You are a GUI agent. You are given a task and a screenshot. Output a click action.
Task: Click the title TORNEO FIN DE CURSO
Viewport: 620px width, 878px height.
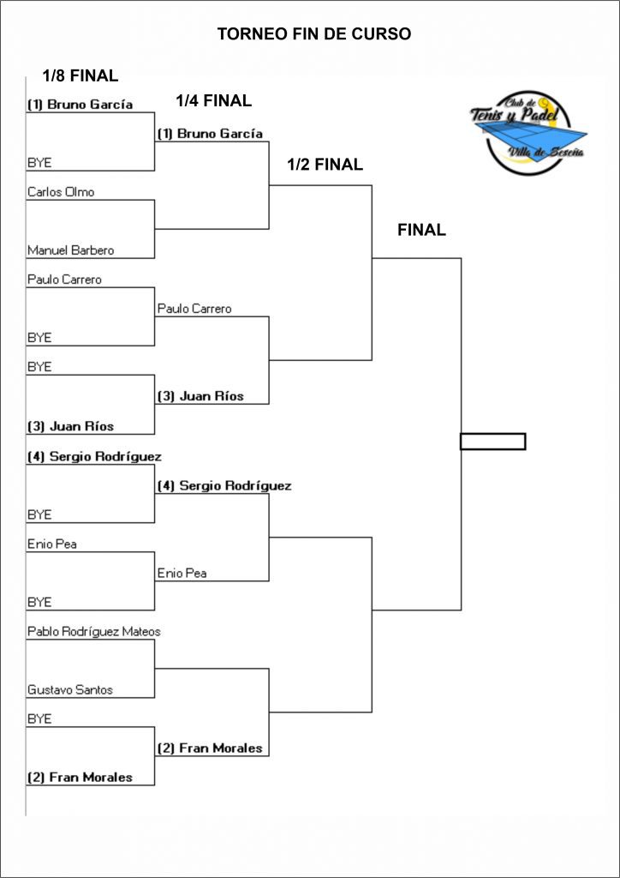[x=313, y=34]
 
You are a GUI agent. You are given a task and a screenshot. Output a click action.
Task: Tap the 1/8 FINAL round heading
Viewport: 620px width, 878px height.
[x=80, y=75]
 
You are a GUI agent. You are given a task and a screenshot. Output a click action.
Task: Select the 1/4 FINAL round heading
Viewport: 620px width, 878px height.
[x=213, y=101]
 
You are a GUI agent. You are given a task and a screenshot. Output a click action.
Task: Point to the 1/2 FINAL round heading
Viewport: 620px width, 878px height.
[x=325, y=165]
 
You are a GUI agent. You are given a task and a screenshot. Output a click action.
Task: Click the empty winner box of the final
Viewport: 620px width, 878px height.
[x=492, y=442]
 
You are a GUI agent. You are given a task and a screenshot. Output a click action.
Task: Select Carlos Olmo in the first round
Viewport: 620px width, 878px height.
[x=61, y=192]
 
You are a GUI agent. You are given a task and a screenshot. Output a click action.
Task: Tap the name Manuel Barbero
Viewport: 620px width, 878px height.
[x=70, y=250]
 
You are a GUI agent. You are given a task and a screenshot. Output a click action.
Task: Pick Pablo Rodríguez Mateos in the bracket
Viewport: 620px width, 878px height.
[x=94, y=632]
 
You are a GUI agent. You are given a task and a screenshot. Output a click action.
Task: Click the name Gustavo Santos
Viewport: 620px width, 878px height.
[x=70, y=689]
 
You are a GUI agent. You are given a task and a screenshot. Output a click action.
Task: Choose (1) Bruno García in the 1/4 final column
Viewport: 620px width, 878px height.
[x=210, y=134]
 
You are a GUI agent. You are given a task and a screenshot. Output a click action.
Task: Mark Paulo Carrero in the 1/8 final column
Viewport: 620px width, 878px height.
[x=64, y=280]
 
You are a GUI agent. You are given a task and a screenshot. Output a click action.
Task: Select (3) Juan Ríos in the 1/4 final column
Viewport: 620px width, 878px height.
[x=200, y=396]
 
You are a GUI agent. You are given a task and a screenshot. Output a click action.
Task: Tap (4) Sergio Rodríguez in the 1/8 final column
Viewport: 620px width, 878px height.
[x=94, y=456]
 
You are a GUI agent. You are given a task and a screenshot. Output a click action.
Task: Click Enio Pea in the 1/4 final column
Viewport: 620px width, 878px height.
[x=182, y=573]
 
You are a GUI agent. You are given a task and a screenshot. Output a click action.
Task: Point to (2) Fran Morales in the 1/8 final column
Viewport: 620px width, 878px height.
[x=80, y=778]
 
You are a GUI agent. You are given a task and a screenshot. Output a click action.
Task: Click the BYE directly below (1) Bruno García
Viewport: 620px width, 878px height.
[x=39, y=163]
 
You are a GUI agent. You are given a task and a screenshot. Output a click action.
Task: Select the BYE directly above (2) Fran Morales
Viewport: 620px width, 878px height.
[x=39, y=719]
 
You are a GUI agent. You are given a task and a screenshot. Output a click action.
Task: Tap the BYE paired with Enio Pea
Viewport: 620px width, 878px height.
[x=39, y=602]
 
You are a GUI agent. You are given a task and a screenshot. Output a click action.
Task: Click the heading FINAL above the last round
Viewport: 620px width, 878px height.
[x=421, y=230]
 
